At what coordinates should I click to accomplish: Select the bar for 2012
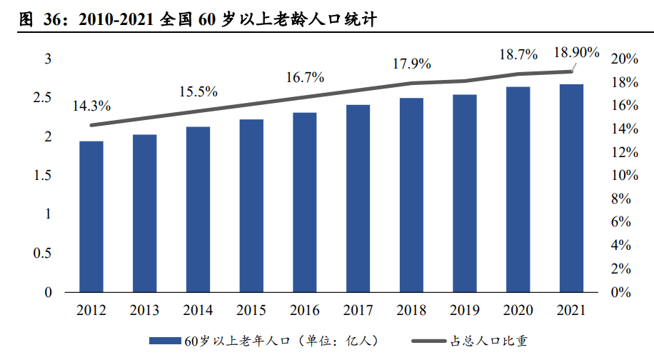[91, 216]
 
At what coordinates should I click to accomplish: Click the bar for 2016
[304, 202]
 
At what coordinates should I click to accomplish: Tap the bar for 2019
[465, 193]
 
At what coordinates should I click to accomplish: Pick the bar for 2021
[571, 188]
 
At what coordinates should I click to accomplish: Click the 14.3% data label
[91, 106]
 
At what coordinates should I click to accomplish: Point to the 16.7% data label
[305, 77]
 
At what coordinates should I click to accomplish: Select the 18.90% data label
[576, 52]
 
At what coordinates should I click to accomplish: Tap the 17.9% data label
[412, 64]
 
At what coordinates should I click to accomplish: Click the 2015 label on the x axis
[251, 310]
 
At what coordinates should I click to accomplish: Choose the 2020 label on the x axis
[518, 310]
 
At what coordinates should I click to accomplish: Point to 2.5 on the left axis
[42, 97]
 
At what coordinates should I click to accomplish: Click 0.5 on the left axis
[42, 253]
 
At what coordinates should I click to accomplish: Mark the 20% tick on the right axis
[625, 59]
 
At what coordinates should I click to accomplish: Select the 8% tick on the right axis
[621, 199]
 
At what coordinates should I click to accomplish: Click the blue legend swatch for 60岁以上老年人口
[165, 341]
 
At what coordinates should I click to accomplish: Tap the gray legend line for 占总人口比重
[429, 341]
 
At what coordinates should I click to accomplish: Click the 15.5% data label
[198, 91]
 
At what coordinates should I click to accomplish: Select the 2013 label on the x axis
[144, 310]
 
